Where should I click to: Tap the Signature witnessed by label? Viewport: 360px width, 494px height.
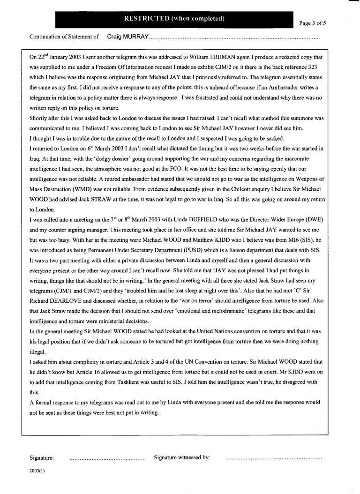[x=182, y=457]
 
